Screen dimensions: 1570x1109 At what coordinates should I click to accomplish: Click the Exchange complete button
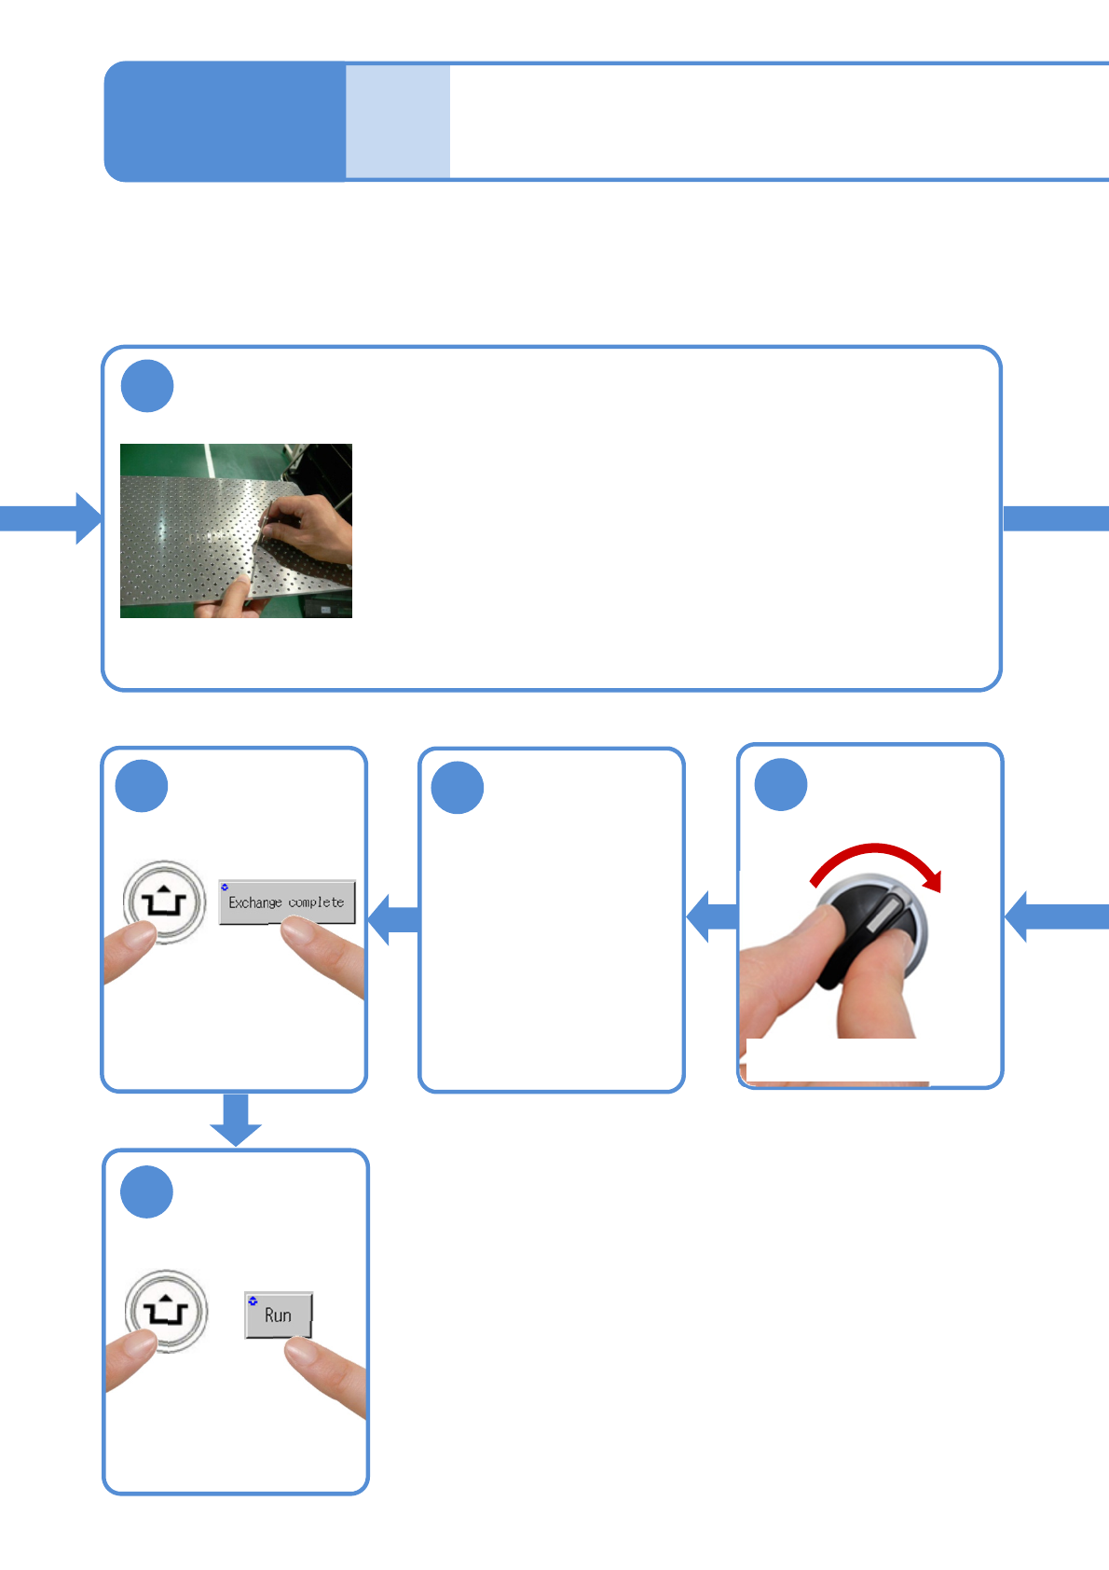pyautogui.click(x=286, y=902)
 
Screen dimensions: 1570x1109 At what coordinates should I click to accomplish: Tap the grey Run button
pyautogui.click(x=278, y=1315)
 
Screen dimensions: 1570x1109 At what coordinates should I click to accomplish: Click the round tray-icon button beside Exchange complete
pyautogui.click(x=164, y=902)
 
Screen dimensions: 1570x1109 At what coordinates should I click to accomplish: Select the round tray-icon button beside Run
pyautogui.click(x=166, y=1311)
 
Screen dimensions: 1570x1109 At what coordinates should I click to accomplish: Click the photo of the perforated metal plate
pyautogui.click(x=236, y=530)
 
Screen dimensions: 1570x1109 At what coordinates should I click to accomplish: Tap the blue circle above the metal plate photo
pyautogui.click(x=147, y=386)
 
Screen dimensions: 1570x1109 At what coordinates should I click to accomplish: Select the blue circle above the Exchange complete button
pyautogui.click(x=142, y=786)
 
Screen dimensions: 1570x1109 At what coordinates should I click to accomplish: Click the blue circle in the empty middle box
pyautogui.click(x=458, y=788)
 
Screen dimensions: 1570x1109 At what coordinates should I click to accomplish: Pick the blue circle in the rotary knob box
pyautogui.click(x=781, y=785)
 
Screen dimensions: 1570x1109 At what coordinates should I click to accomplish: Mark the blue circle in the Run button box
pyautogui.click(x=147, y=1191)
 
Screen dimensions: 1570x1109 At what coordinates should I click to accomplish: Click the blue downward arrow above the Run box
pyautogui.click(x=236, y=1119)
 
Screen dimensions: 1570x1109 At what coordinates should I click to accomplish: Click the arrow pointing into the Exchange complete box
pyautogui.click(x=393, y=919)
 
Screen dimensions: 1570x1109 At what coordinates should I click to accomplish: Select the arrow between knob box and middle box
pyautogui.click(x=712, y=916)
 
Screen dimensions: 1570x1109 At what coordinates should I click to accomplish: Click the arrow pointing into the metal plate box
pyautogui.click(x=51, y=518)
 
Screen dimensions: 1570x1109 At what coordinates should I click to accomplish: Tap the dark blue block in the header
pyautogui.click(x=225, y=121)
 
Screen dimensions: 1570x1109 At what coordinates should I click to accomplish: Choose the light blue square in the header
pyautogui.click(x=398, y=121)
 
